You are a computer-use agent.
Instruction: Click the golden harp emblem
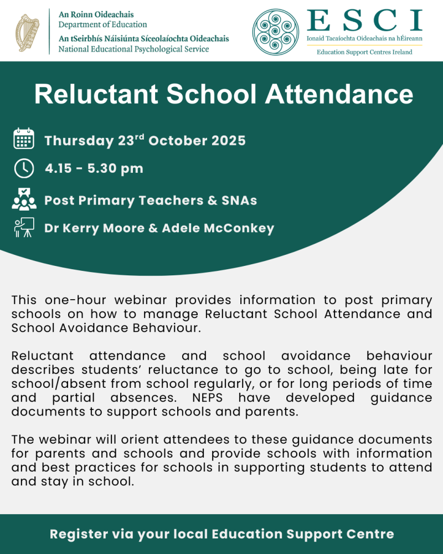click(x=27, y=31)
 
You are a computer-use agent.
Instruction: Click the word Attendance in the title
click(x=339, y=94)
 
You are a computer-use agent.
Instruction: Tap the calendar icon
click(x=24, y=139)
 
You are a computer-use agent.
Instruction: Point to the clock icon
click(x=24, y=168)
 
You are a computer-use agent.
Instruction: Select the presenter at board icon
click(x=24, y=227)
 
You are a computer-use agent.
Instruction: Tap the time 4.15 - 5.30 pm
click(x=94, y=168)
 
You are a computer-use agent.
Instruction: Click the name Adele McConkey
click(x=218, y=228)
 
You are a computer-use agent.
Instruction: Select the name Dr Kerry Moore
click(x=97, y=228)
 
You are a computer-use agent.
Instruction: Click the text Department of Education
click(x=103, y=24)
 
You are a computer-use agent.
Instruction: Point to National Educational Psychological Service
click(x=134, y=49)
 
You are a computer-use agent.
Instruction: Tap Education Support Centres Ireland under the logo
click(x=364, y=52)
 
